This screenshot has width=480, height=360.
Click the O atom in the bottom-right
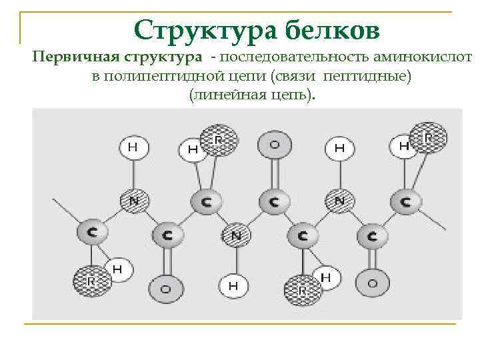click(x=372, y=283)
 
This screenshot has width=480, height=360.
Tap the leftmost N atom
click(x=134, y=200)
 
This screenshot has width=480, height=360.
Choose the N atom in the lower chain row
click(x=235, y=235)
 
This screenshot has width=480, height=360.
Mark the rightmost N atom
click(x=339, y=200)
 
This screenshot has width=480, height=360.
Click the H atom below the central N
click(x=233, y=285)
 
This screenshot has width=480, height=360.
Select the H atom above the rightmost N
click(x=339, y=148)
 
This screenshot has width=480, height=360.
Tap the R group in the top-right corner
click(x=427, y=138)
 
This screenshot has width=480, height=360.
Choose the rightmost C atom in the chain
click(x=405, y=201)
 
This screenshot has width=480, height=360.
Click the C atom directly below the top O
click(x=273, y=201)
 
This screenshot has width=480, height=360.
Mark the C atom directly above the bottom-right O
click(x=372, y=235)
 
